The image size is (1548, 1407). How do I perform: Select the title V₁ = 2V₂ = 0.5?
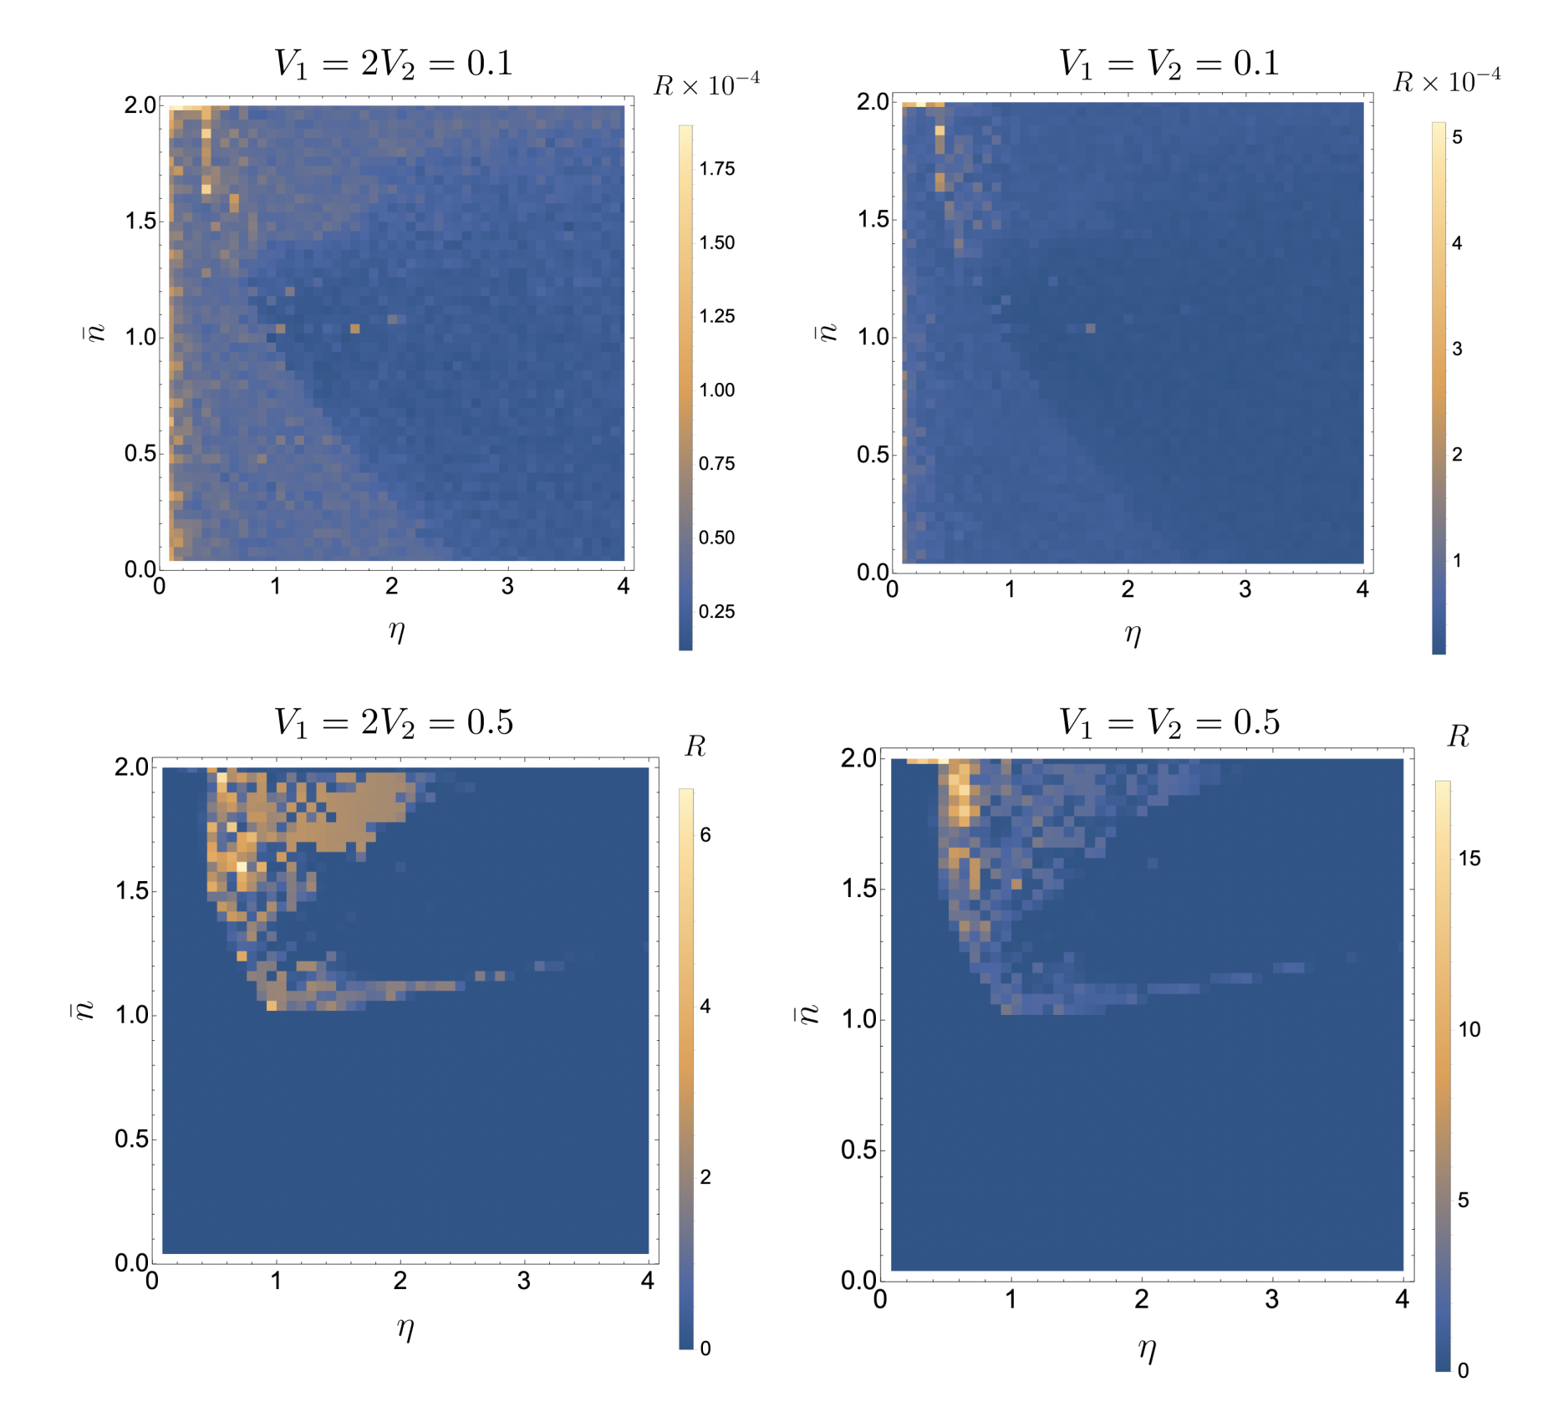click(394, 722)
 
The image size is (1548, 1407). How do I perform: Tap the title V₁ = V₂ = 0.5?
click(1169, 722)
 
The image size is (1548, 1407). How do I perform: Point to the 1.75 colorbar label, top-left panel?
click(716, 169)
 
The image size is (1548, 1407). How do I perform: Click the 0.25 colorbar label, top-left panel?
click(716, 612)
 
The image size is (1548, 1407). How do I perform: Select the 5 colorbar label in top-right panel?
click(1457, 138)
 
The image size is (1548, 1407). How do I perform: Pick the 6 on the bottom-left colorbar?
click(705, 835)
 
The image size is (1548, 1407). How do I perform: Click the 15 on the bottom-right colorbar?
click(1469, 859)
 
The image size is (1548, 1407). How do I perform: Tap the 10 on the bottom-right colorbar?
click(1469, 1030)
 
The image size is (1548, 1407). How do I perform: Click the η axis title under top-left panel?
click(397, 630)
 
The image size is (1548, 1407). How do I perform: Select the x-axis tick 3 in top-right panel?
click(1245, 589)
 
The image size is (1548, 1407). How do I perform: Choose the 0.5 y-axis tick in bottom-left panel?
click(131, 1139)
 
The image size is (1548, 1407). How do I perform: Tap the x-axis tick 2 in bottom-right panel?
click(1141, 1299)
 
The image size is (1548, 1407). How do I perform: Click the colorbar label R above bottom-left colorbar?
click(695, 746)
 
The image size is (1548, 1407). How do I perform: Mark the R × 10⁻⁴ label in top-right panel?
click(1446, 82)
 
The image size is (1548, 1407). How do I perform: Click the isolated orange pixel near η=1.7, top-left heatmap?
click(355, 329)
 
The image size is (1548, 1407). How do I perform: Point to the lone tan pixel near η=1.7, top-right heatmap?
click(1090, 329)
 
